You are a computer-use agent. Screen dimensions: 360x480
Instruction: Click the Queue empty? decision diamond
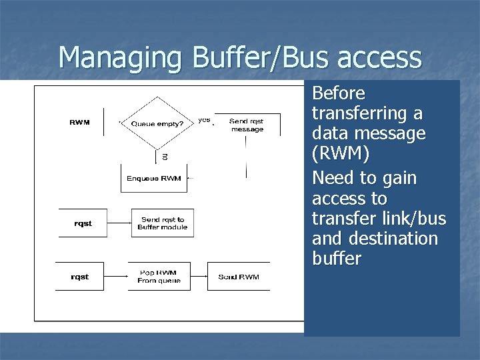coord(157,123)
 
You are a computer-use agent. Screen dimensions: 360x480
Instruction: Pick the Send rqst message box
coord(247,125)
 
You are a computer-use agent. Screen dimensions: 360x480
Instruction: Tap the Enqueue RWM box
coord(153,178)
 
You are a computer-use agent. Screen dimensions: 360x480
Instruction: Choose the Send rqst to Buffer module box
coord(163,223)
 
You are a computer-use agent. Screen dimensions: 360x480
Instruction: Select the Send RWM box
coord(239,277)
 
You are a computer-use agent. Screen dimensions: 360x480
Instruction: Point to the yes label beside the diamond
coord(204,121)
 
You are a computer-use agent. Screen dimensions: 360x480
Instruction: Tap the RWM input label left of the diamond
coord(81,123)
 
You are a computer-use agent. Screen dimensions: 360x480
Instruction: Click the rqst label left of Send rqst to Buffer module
coord(83,223)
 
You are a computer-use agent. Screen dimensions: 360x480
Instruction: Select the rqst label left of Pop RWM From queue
coord(80,277)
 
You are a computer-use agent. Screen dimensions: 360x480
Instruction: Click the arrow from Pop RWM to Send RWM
coord(198,277)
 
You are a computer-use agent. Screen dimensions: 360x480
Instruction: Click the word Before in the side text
coord(339,93)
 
